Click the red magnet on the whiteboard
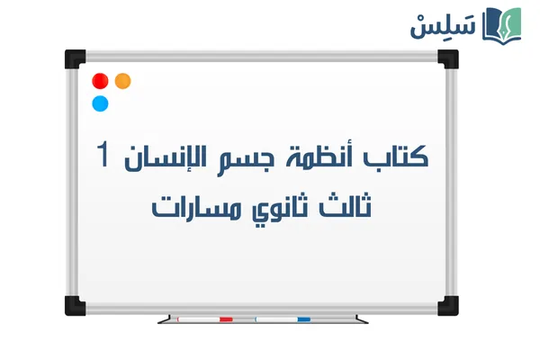(x=100, y=80)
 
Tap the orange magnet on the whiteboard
(x=123, y=80)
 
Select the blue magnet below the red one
(x=100, y=103)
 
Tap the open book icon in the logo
(x=502, y=24)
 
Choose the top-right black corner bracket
(x=447, y=58)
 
